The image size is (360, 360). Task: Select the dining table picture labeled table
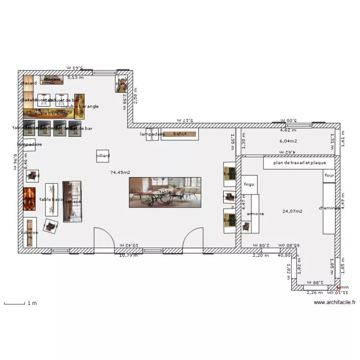tap(165, 192)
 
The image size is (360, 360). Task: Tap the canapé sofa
tap(72, 202)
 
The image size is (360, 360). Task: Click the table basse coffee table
tap(52, 199)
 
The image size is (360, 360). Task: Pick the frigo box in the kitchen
tap(249, 184)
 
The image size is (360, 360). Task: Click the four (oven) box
tap(329, 176)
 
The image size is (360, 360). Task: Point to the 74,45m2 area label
tap(120, 172)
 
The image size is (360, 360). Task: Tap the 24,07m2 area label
tap(292, 211)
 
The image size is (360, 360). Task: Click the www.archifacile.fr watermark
tap(335, 302)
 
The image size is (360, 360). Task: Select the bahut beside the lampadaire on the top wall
tap(180, 134)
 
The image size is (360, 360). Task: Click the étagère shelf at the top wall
tap(51, 79)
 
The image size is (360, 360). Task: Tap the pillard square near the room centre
tap(103, 156)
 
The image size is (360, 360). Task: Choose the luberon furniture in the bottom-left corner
tap(30, 232)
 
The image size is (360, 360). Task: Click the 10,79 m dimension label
tap(128, 255)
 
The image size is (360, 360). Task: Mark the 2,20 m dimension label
tap(261, 255)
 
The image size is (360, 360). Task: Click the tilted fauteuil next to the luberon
tap(50, 226)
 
